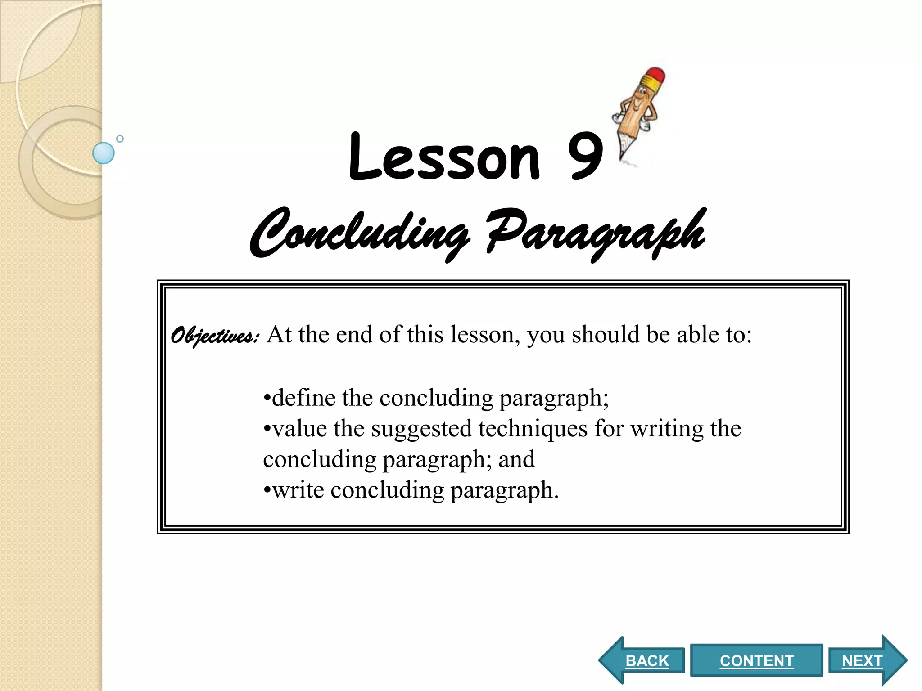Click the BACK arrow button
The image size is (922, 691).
(x=644, y=660)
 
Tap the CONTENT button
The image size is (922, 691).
(x=756, y=660)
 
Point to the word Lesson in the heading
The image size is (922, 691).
(x=443, y=157)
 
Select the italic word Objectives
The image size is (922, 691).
(x=214, y=337)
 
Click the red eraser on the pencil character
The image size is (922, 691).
(x=655, y=76)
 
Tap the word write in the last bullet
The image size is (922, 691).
(x=298, y=490)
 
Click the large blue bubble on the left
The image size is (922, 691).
(x=104, y=153)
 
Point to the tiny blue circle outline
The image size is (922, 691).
(x=120, y=139)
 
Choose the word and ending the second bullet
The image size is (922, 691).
(x=517, y=459)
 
